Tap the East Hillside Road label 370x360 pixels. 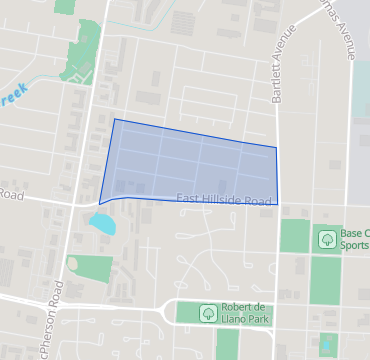[x=224, y=200]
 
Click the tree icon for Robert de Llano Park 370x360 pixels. [x=207, y=312]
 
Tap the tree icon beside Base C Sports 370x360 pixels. [x=326, y=238]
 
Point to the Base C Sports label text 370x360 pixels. [x=355, y=238]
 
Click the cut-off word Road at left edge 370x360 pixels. [x=10, y=194]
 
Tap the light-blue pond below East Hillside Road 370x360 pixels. [x=102, y=222]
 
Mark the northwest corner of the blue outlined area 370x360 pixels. [x=114, y=119]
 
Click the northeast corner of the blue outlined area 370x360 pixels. [x=276, y=148]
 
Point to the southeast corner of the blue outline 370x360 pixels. [x=277, y=203]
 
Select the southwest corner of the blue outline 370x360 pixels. [x=99, y=202]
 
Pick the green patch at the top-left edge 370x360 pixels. [x=66, y=5]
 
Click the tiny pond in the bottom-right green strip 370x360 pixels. [x=326, y=346]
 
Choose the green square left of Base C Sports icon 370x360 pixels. [x=293, y=236]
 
